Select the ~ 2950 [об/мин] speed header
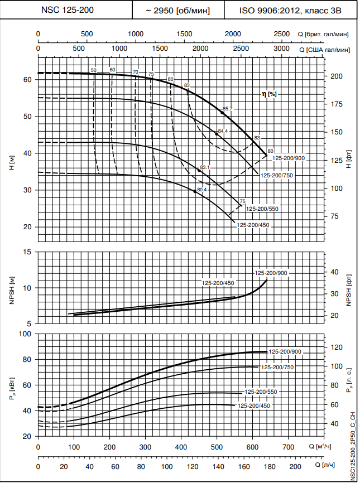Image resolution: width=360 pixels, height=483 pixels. pos(178,10)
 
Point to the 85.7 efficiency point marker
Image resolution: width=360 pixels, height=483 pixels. pos(222,113)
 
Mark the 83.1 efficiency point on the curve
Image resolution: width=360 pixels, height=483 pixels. pos(199,170)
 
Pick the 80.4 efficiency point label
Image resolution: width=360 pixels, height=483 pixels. pos(201,190)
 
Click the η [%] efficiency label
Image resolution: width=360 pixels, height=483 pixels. pos(270,94)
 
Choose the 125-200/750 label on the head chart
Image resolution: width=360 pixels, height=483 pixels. pos(277,175)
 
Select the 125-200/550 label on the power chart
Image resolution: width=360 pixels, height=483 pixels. pos(261,392)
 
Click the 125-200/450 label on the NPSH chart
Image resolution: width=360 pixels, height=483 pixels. pos(218,283)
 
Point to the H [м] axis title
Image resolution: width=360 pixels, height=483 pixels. pos(11,163)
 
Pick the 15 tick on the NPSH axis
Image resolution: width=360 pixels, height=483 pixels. pos(27,252)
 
